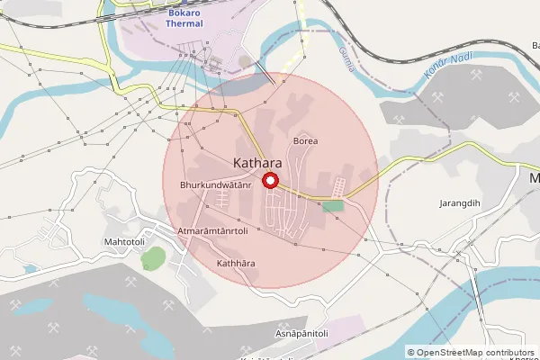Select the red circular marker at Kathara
pyautogui.click(x=269, y=182)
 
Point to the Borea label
pyautogui.click(x=306, y=141)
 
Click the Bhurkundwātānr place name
pyautogui.click(x=214, y=184)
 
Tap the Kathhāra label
pyautogui.click(x=237, y=263)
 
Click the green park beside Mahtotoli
pyautogui.click(x=152, y=258)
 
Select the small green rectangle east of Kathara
pyautogui.click(x=334, y=206)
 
